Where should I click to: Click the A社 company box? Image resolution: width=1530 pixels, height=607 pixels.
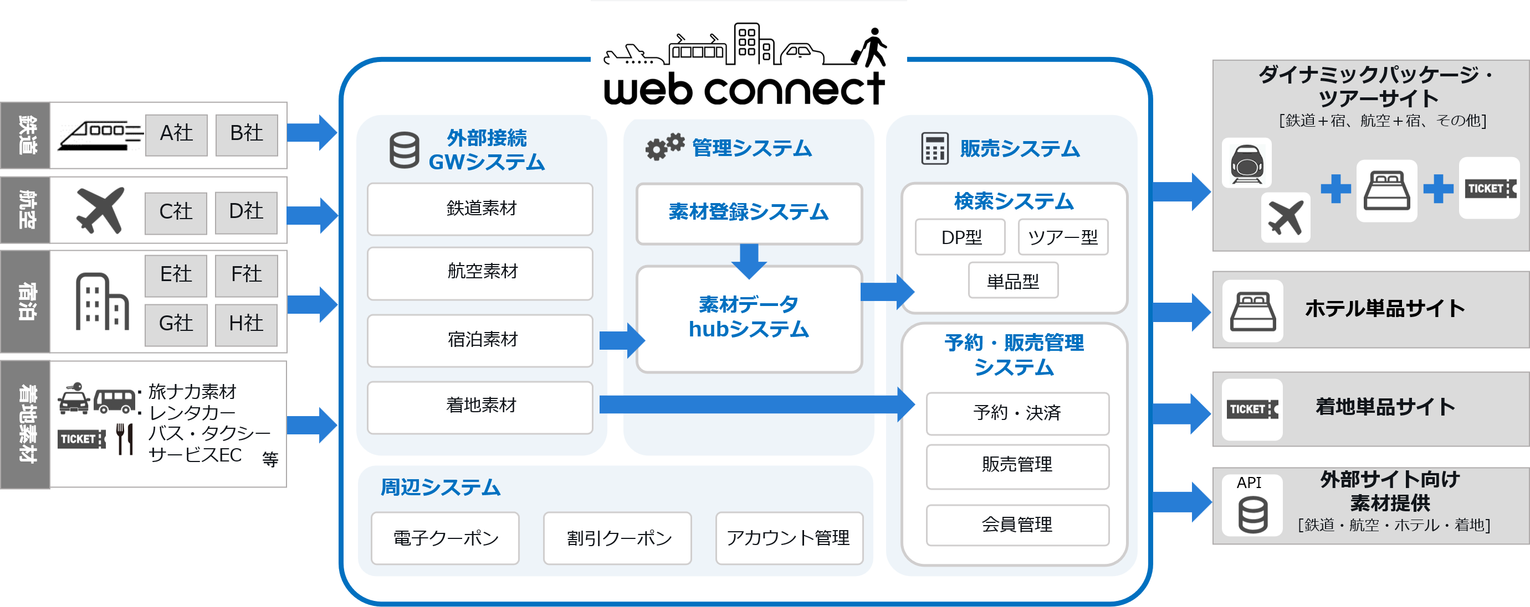[x=176, y=134]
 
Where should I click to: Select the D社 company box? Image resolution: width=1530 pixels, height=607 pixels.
[x=246, y=212]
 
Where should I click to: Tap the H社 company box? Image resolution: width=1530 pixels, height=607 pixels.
[x=246, y=324]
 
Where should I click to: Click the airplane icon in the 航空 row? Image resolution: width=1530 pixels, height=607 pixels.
[x=100, y=210]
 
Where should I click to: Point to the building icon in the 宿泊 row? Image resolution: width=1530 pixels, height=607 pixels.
[x=101, y=302]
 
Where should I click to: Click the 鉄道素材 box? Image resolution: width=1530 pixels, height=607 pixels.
[x=480, y=209]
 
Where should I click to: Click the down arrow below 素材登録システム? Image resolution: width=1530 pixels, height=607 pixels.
[x=749, y=260]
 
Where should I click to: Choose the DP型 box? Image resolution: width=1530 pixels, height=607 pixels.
[x=960, y=237]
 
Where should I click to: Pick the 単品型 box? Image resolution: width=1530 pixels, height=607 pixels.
[x=1012, y=281]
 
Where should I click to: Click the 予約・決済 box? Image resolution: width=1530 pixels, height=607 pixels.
[x=1017, y=413]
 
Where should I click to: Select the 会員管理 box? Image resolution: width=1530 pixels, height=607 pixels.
[x=1017, y=525]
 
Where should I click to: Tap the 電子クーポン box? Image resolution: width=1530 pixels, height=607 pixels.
[x=446, y=538]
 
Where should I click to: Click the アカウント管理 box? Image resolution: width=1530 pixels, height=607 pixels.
[x=789, y=538]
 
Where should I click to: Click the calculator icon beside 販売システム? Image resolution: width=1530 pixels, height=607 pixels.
[x=934, y=148]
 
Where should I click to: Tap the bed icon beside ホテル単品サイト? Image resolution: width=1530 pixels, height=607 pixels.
[x=1252, y=310]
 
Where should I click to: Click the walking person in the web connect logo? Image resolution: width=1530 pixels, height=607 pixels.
[x=871, y=47]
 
